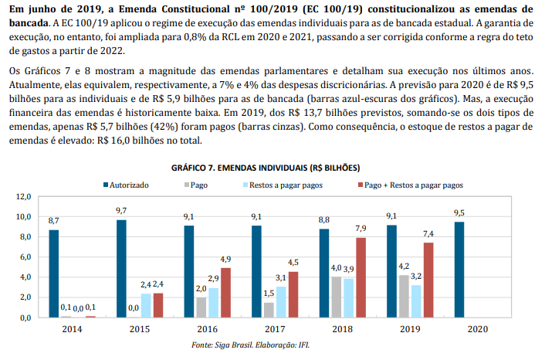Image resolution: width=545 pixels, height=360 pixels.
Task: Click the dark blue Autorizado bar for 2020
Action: click(460, 270)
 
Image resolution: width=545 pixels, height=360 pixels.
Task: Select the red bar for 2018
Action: click(361, 277)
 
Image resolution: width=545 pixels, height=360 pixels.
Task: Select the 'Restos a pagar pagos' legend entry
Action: click(285, 185)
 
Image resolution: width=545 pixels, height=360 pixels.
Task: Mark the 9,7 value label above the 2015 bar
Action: click(121, 210)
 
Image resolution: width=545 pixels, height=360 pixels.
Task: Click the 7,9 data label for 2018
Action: click(361, 229)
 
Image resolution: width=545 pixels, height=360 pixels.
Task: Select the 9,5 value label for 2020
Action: click(460, 212)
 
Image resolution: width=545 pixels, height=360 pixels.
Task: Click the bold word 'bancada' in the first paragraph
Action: click(24, 22)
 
